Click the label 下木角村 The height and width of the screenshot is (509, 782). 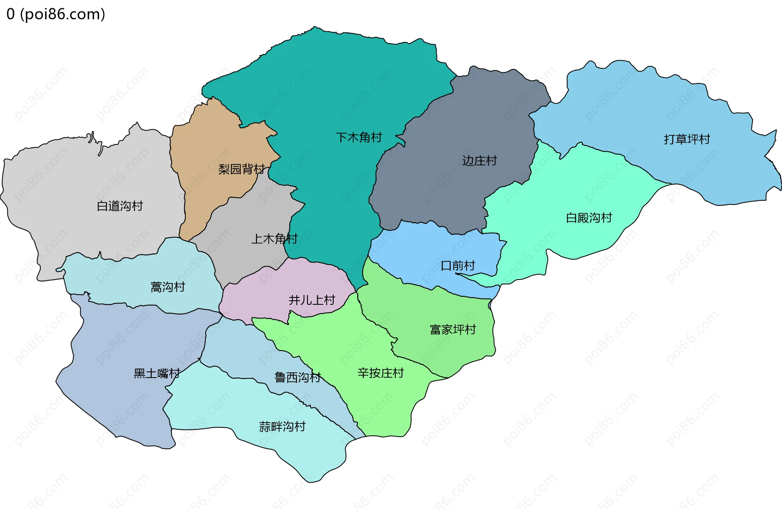point(359,138)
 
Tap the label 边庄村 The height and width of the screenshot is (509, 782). point(479,161)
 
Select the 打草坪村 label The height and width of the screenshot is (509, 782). point(687,139)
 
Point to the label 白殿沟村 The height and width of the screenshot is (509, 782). point(589,218)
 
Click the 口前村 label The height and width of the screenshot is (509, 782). point(458,266)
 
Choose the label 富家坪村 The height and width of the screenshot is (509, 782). point(453,330)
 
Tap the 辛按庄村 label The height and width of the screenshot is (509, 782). point(380,373)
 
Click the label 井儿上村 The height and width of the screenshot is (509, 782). point(312,300)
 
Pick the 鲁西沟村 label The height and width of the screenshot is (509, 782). point(298,377)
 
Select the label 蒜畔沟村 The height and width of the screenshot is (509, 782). point(282,427)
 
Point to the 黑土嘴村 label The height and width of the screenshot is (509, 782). point(157,374)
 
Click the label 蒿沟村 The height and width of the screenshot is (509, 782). point(168,287)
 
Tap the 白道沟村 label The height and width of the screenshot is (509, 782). point(120,206)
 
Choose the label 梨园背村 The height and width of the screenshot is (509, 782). point(242,169)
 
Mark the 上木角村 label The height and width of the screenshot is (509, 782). point(274,238)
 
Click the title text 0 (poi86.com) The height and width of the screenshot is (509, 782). point(56,14)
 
